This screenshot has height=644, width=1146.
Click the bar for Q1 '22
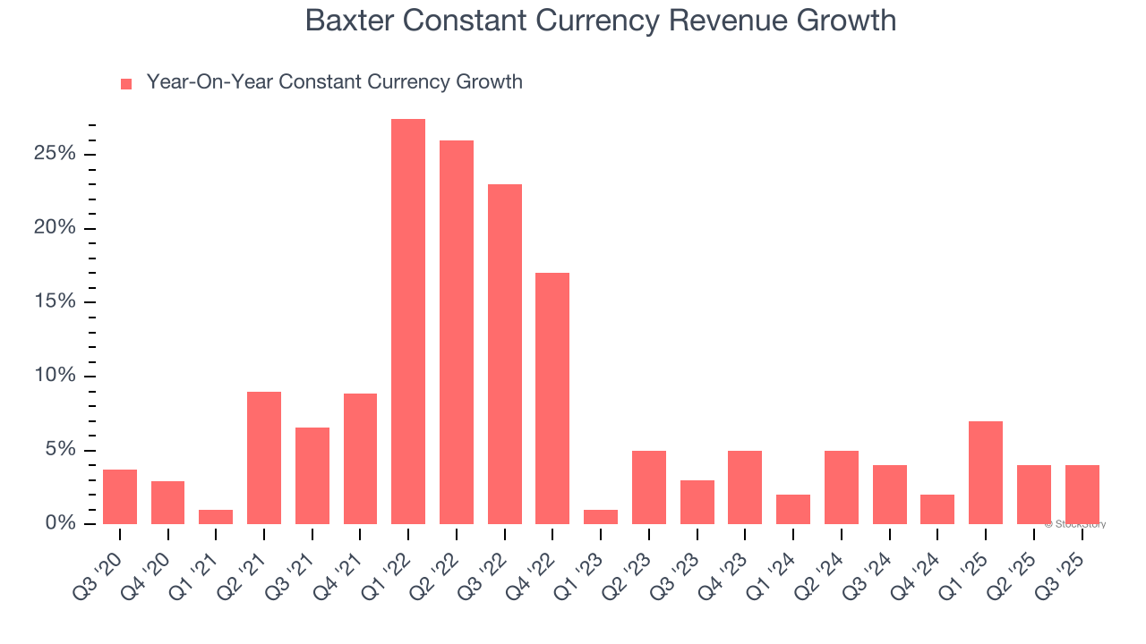click(x=408, y=321)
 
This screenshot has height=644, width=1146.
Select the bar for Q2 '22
click(x=457, y=332)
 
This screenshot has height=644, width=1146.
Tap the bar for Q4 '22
click(x=552, y=398)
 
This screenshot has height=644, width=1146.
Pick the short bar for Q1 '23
click(x=601, y=517)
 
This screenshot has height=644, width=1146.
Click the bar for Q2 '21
click(x=264, y=458)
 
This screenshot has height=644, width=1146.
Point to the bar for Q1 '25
click(x=986, y=472)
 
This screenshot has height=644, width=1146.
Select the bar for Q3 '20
click(x=120, y=496)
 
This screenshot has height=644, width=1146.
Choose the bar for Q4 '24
click(x=937, y=509)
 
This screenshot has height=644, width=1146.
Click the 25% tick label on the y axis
click(x=55, y=154)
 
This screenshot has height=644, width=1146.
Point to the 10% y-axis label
click(x=55, y=376)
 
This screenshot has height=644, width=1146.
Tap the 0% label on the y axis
click(x=60, y=523)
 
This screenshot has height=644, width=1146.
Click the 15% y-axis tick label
click(x=55, y=301)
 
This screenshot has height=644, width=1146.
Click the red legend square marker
click(x=126, y=84)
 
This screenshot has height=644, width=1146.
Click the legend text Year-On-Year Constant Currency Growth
click(x=334, y=82)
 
